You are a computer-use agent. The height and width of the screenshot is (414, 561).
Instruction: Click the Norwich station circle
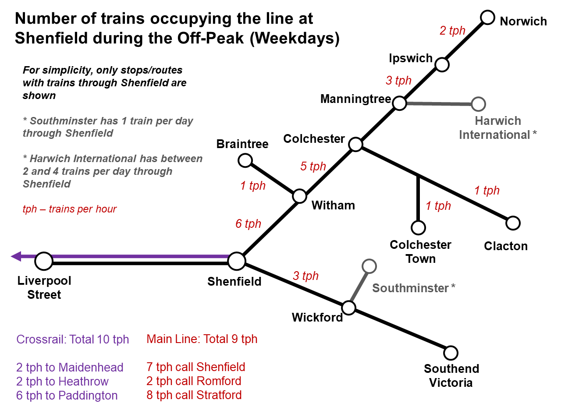click(487, 18)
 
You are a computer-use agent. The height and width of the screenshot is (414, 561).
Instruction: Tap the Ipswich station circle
click(442, 65)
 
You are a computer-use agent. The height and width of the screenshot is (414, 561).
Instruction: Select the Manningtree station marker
click(399, 103)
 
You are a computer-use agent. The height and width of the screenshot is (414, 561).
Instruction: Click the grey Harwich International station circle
click(479, 104)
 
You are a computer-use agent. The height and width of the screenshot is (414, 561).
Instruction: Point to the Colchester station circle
click(356, 144)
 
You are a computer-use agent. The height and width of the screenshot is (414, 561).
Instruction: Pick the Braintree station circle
click(245, 160)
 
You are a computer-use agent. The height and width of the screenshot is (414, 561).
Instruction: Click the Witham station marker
click(299, 196)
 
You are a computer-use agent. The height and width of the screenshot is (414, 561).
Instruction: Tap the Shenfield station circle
click(237, 261)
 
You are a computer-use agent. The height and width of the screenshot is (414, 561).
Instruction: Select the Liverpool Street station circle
click(44, 261)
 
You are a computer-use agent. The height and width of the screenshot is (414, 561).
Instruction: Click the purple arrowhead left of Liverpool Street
click(16, 256)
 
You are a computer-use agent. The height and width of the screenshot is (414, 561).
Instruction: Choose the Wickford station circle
click(348, 308)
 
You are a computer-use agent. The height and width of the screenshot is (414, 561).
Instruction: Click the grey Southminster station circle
click(369, 266)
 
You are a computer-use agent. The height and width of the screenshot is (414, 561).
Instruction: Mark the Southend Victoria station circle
click(451, 353)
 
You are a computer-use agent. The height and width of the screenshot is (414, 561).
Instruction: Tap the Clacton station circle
click(513, 223)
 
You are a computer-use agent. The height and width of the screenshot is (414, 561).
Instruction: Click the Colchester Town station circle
click(418, 227)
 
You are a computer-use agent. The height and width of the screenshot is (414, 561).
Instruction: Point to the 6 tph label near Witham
click(248, 224)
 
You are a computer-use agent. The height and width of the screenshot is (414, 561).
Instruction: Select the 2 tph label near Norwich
click(452, 31)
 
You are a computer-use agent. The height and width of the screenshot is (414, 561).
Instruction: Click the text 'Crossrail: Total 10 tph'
click(73, 340)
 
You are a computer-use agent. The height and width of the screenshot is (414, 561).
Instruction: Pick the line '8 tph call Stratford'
click(194, 395)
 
